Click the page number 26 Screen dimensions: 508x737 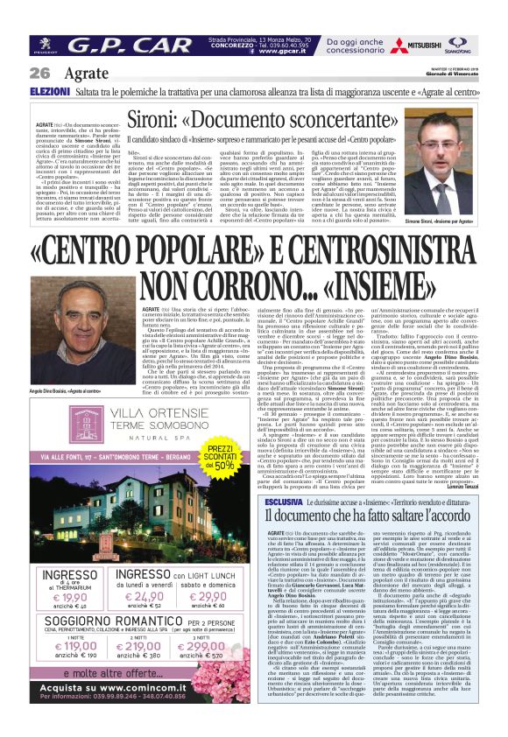point(39,73)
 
